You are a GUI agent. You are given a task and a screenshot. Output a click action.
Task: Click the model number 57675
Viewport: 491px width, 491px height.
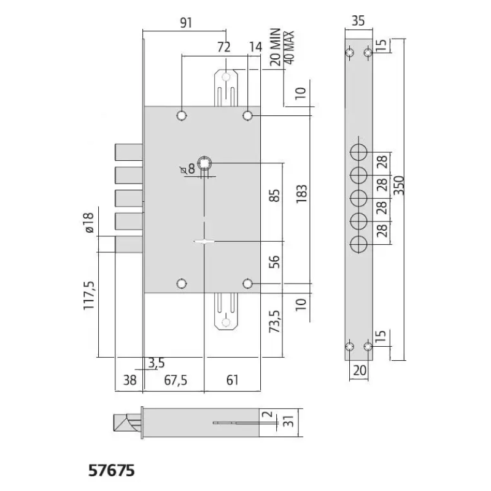[112, 470]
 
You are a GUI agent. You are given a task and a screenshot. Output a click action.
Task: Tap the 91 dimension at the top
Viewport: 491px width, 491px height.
[186, 23]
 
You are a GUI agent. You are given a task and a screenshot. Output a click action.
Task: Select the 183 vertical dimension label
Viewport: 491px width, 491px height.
[301, 194]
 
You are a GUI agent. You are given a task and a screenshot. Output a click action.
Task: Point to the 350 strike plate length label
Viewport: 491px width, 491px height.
[398, 185]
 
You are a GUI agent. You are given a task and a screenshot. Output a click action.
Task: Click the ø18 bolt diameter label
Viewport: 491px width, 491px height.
[88, 223]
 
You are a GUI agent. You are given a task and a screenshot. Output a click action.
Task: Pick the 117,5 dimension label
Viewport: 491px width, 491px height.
[89, 296]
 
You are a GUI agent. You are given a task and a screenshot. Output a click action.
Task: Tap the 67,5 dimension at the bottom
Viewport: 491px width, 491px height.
[176, 380]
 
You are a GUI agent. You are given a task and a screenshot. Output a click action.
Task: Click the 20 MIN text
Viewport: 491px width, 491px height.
[275, 47]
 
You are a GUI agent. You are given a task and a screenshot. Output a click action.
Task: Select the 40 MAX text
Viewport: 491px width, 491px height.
[288, 47]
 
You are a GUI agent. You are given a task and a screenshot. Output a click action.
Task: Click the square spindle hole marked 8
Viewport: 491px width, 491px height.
[204, 163]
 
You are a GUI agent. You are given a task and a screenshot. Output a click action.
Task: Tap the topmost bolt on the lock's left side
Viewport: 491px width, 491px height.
[129, 152]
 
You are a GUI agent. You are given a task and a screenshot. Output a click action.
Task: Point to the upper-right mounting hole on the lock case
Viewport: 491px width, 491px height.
[248, 116]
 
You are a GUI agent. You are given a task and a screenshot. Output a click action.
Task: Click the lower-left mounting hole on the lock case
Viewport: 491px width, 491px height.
[182, 284]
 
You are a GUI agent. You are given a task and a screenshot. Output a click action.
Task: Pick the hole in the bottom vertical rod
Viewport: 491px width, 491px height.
[226, 323]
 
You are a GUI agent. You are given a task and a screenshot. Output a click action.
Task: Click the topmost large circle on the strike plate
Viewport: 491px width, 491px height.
[358, 152]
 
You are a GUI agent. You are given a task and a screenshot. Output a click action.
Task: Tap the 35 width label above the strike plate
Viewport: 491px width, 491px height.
[358, 21]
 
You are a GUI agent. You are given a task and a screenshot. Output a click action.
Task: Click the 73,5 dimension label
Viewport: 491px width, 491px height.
[274, 321]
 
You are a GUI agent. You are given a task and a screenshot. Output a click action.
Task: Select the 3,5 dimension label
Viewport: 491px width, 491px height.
[157, 363]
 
